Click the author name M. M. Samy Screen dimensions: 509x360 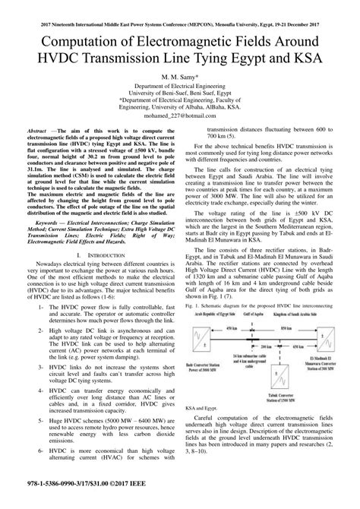point(180,77)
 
